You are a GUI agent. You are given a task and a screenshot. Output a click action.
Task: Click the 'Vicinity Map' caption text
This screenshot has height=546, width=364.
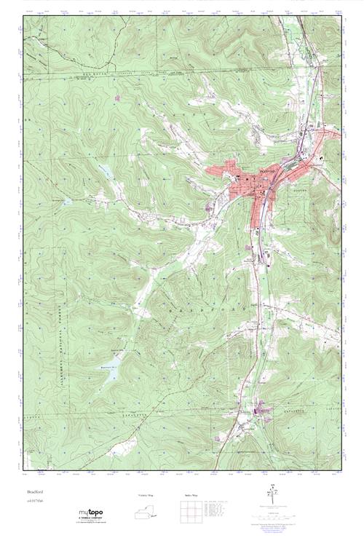(x=146, y=496)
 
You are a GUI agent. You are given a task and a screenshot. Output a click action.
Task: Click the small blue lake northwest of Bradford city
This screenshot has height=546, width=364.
(x=106, y=173)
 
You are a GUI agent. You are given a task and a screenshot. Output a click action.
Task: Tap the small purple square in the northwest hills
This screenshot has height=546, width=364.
(x=117, y=97)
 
